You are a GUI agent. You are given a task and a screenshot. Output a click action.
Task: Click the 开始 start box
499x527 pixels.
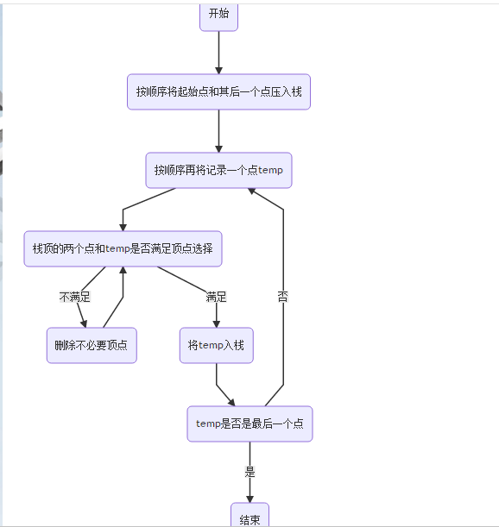tap(218, 15)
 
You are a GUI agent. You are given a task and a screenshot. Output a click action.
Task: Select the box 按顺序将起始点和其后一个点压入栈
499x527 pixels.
tap(218, 91)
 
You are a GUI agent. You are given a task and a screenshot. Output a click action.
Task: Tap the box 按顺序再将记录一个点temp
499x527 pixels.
tap(218, 170)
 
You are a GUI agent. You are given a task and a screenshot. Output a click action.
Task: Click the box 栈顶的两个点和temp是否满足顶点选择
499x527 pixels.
tap(123, 248)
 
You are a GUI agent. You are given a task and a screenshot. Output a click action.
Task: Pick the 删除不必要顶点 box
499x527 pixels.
tap(92, 345)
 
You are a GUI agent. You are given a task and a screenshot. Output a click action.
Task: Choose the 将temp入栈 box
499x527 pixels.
tap(216, 345)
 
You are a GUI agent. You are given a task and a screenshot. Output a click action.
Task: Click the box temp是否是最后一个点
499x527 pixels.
tap(249, 423)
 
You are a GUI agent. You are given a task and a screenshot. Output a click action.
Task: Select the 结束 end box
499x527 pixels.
tap(249, 518)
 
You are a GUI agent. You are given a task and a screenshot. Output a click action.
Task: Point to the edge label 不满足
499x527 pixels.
tap(75, 297)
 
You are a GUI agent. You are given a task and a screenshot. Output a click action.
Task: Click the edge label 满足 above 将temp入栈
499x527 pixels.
tap(216, 297)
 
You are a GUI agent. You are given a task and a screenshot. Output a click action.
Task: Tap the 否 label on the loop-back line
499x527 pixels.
tap(283, 297)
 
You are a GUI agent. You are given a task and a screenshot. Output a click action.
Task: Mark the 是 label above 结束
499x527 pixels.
tap(250, 472)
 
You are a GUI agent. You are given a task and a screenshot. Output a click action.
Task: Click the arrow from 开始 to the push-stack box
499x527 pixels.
tap(218, 52)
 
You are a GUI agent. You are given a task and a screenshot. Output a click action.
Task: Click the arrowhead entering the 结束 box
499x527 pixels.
tap(250, 497)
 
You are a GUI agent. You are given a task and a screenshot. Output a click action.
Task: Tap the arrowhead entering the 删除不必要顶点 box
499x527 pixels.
tap(85, 323)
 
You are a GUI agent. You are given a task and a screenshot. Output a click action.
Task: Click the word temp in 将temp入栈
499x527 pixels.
tap(212, 345)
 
